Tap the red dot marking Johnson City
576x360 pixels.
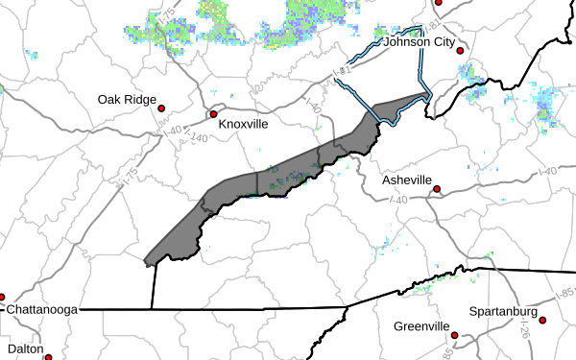(461, 51)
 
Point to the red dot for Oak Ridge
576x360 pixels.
(162, 108)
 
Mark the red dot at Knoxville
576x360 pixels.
(214, 114)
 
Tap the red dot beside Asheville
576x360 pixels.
(437, 189)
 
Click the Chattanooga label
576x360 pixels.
(43, 311)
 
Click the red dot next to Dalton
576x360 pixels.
(48, 356)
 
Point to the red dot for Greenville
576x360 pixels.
(456, 336)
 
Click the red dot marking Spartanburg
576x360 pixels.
(542, 321)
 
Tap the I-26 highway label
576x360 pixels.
(525, 331)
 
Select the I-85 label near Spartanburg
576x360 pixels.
(566, 291)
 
